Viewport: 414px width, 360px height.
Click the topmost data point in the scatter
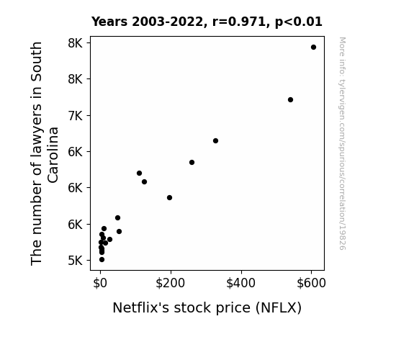tap(313, 48)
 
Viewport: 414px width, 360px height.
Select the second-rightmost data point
tap(290, 99)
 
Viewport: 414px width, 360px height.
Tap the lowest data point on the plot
tap(102, 260)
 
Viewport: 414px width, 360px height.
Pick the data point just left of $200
tap(169, 197)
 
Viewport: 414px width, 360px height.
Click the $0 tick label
tap(100, 283)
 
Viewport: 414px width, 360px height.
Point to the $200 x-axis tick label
tap(171, 283)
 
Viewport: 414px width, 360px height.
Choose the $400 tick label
tap(240, 283)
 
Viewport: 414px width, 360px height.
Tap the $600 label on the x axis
tap(311, 283)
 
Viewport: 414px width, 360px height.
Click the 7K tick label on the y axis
tap(76, 116)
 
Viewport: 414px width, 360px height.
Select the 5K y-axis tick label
tap(76, 261)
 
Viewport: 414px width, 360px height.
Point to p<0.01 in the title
tap(299, 22)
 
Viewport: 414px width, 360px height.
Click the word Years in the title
tap(109, 22)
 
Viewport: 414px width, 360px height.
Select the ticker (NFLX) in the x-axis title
tap(279, 307)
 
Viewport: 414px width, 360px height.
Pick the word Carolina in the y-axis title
tap(53, 155)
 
